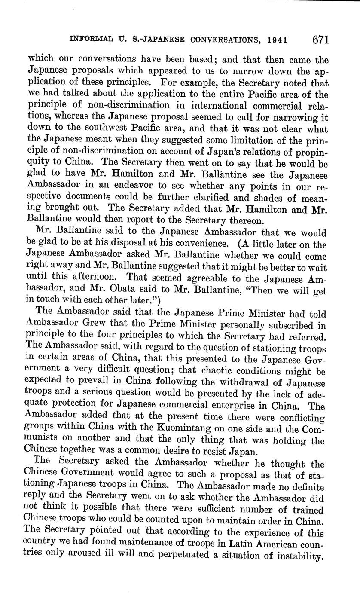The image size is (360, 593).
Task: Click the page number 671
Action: pos(320,40)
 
